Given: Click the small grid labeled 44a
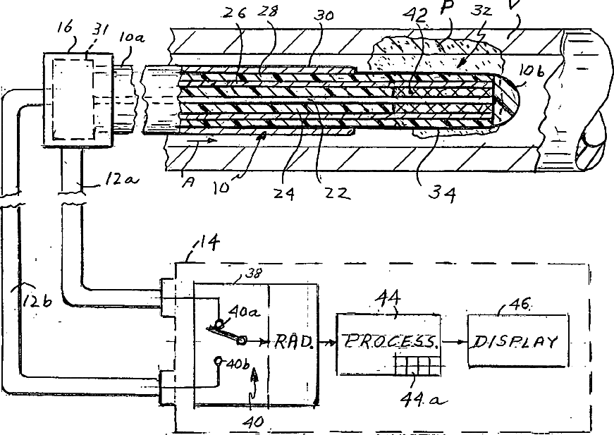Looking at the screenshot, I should coord(412,367).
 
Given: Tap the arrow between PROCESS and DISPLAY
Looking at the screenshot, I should coord(454,342).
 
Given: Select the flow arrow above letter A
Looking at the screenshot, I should coord(200,141).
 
